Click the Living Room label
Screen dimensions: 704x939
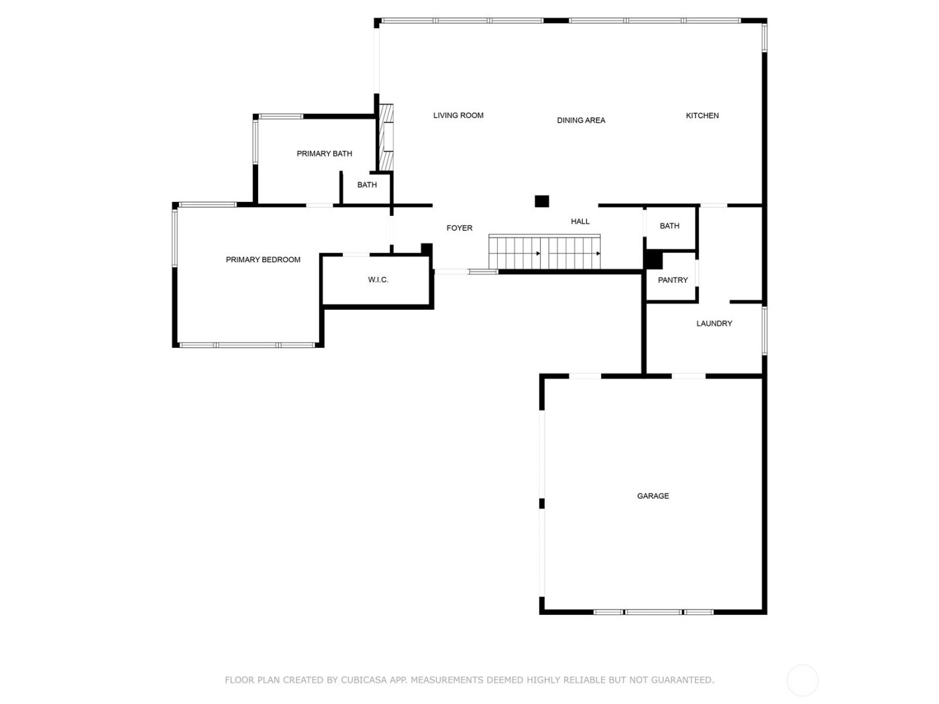[458, 115]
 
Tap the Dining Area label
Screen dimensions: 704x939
[581, 121]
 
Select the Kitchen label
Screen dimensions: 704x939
[702, 116]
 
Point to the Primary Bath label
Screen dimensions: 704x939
[324, 154]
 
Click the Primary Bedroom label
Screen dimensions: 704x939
[263, 259]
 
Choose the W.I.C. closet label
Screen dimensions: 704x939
[378, 280]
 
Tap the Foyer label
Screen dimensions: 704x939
[459, 228]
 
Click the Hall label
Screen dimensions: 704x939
[580, 221]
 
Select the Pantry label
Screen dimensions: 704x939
[673, 280]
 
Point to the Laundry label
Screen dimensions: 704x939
[714, 324]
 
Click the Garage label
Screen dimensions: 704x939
[653, 496]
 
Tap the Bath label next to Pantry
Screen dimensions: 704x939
[669, 226]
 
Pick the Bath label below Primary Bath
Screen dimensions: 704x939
[367, 185]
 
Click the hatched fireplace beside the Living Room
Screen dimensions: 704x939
[386, 137]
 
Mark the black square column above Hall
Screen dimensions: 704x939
[542, 201]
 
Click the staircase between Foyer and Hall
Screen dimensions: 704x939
[545, 253]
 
